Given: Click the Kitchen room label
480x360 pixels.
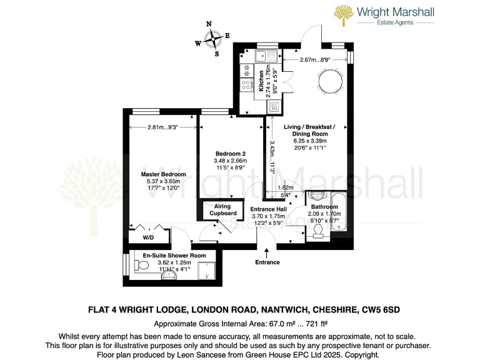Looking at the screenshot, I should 261,81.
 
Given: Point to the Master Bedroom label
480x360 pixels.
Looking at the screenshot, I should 163,174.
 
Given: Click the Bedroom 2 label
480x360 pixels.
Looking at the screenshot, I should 231,154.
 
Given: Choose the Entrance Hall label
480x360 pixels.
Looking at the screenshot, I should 267,209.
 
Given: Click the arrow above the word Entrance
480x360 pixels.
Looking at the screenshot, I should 267,252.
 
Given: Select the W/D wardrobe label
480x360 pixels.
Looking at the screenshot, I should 148,238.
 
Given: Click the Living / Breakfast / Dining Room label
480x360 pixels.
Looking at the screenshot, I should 310,130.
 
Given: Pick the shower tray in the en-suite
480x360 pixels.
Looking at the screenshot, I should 206,271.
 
